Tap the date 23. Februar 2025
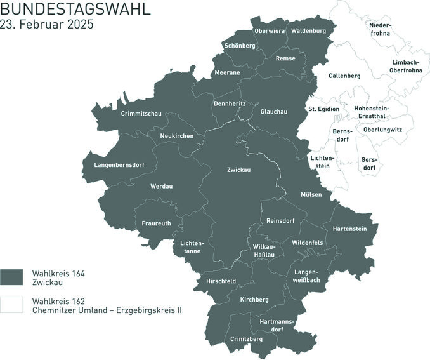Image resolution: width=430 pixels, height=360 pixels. point(47,26)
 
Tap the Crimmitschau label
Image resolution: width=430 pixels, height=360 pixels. point(141,114)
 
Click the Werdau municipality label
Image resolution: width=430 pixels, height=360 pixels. point(162,186)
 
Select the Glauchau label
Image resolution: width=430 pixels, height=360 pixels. point(274,112)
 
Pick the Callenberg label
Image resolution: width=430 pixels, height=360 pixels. point(344,76)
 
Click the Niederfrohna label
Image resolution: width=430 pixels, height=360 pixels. point(381,29)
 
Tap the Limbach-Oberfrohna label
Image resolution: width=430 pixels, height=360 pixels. point(407,66)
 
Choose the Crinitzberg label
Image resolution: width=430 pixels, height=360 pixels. point(247,339)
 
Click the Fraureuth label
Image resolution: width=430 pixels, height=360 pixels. point(156,223)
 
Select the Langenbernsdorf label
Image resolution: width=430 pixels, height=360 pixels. point(119,165)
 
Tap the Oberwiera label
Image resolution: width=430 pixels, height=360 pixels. point(269,30)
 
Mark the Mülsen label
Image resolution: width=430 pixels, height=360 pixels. point(311,194)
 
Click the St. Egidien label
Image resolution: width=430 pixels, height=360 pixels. point(323,109)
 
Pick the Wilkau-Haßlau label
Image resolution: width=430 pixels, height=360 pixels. point(264,250)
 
